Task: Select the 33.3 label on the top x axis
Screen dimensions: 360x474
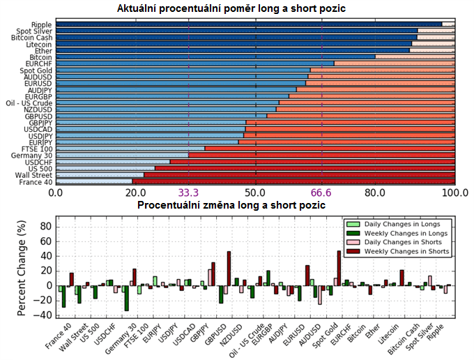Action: coord(189,193)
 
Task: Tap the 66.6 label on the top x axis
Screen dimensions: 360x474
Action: coord(322,193)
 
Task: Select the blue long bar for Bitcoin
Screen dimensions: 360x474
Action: coord(216,57)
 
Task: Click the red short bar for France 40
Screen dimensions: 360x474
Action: coord(293,181)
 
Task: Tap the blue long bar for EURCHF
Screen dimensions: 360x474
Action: coord(195,63)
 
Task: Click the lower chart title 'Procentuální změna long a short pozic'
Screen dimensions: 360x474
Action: coord(231,206)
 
